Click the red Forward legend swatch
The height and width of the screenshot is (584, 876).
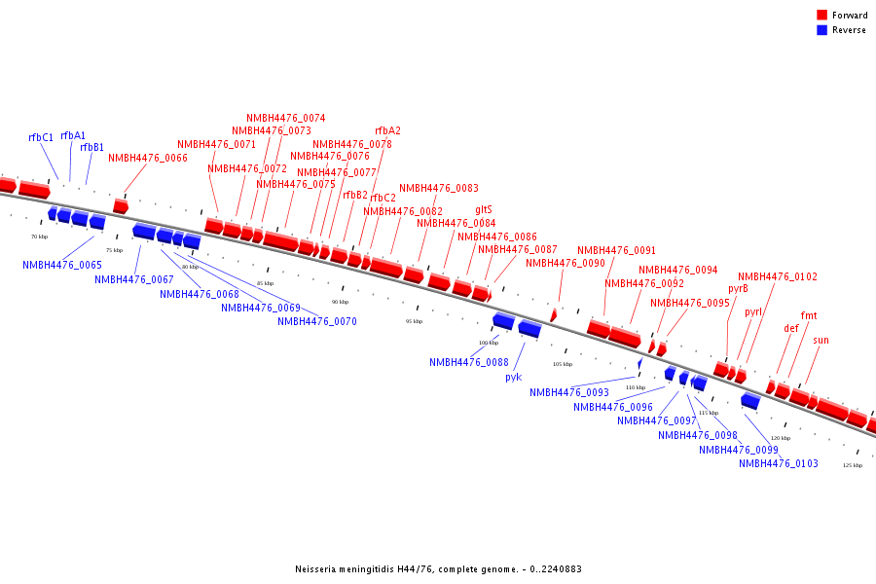coord(822,16)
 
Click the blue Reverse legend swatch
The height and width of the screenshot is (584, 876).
coord(822,30)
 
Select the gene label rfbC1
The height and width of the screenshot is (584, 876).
coord(41,138)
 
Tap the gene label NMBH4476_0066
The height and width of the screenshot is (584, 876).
coord(148,158)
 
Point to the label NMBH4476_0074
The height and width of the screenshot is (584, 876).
coord(285,119)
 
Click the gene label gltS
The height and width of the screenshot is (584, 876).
coord(484,210)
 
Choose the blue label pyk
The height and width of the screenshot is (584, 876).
coord(514,377)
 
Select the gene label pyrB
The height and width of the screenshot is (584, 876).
coord(738,289)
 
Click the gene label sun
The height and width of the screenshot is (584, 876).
coord(821,341)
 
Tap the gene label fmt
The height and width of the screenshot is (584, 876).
coord(809,316)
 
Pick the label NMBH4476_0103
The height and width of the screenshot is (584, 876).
coord(778,464)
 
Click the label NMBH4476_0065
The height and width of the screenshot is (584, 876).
coord(62,265)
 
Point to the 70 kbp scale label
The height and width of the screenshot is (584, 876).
coord(39,237)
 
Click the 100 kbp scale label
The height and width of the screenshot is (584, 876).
coord(488,343)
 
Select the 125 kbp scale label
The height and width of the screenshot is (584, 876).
coord(852,465)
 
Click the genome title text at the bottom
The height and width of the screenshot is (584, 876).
coord(438,569)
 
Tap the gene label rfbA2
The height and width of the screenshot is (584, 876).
coord(387,131)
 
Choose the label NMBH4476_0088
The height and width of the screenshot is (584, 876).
coord(468,363)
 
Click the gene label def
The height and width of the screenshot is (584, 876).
coord(791,329)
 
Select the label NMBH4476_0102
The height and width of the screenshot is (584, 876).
coord(778,277)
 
